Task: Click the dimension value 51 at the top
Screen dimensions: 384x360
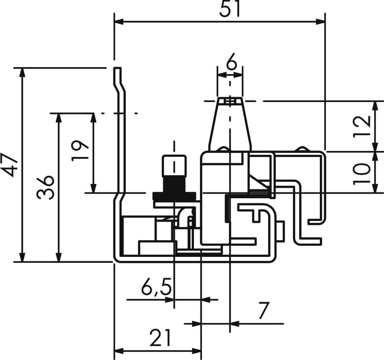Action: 230,9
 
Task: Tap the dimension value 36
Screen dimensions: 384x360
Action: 45,187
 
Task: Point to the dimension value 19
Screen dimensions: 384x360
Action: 80,150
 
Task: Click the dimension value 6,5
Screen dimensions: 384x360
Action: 156,287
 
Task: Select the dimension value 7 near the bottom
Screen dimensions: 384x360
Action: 264,310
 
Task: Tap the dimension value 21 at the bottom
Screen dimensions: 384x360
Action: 160,338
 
